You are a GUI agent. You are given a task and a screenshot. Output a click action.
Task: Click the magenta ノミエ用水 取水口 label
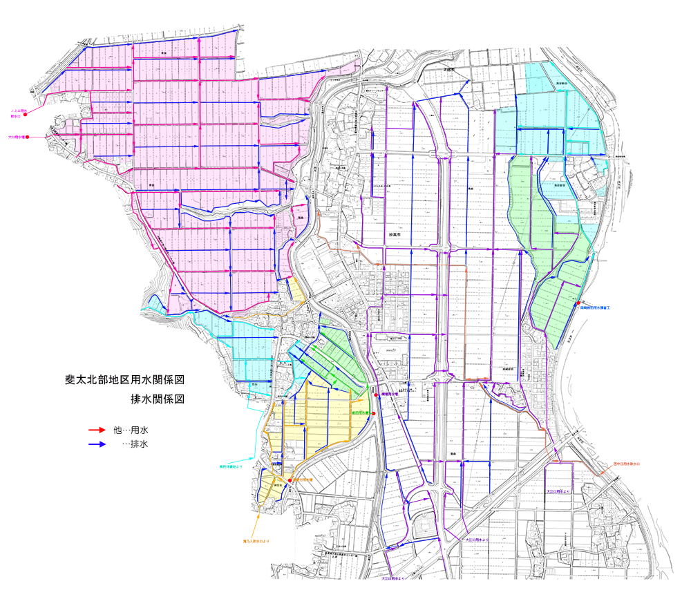[17, 111]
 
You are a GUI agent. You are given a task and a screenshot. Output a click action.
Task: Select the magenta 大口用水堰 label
[16, 137]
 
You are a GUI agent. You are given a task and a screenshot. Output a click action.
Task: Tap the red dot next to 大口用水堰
[27, 137]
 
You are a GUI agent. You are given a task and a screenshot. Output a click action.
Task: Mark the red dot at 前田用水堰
[374, 413]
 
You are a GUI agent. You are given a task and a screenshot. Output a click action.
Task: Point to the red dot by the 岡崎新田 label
[578, 303]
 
